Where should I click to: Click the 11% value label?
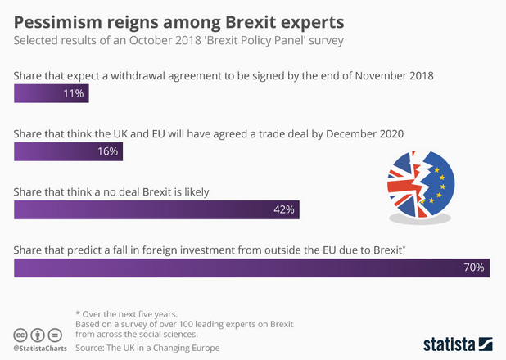tap(74, 93)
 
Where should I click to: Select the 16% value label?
tap(108, 151)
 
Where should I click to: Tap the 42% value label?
tap(283, 209)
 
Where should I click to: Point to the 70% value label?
tap(474, 268)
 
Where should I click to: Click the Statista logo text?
tap(450, 344)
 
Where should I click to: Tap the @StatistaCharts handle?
tap(40, 349)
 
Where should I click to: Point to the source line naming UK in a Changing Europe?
tap(147, 348)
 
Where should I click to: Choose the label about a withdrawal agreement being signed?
tap(224, 75)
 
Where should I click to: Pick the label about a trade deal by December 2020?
tap(209, 133)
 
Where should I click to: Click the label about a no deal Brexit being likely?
tap(112, 191)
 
